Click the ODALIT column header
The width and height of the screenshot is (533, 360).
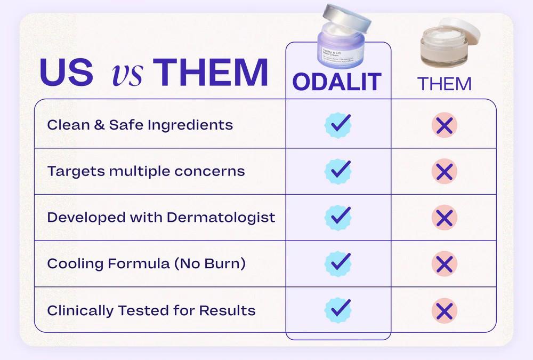337,82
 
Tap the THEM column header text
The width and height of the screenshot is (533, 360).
444,84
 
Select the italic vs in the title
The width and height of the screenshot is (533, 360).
127,75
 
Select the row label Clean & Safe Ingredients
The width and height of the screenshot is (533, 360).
140,125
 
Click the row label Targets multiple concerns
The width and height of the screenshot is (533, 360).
146,171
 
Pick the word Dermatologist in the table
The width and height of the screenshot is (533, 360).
221,218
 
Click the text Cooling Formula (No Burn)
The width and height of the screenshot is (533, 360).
146,263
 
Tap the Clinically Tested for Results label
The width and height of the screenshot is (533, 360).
151,310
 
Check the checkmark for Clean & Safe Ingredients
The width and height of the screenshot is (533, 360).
338,125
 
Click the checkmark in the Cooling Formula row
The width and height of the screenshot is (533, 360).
338,263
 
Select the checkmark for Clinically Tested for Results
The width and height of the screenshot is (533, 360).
338,310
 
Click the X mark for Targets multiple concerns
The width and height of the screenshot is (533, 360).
444,172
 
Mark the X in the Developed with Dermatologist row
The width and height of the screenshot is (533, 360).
444,218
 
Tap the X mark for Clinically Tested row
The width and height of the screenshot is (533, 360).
444,310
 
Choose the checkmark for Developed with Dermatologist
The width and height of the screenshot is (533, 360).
338,217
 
